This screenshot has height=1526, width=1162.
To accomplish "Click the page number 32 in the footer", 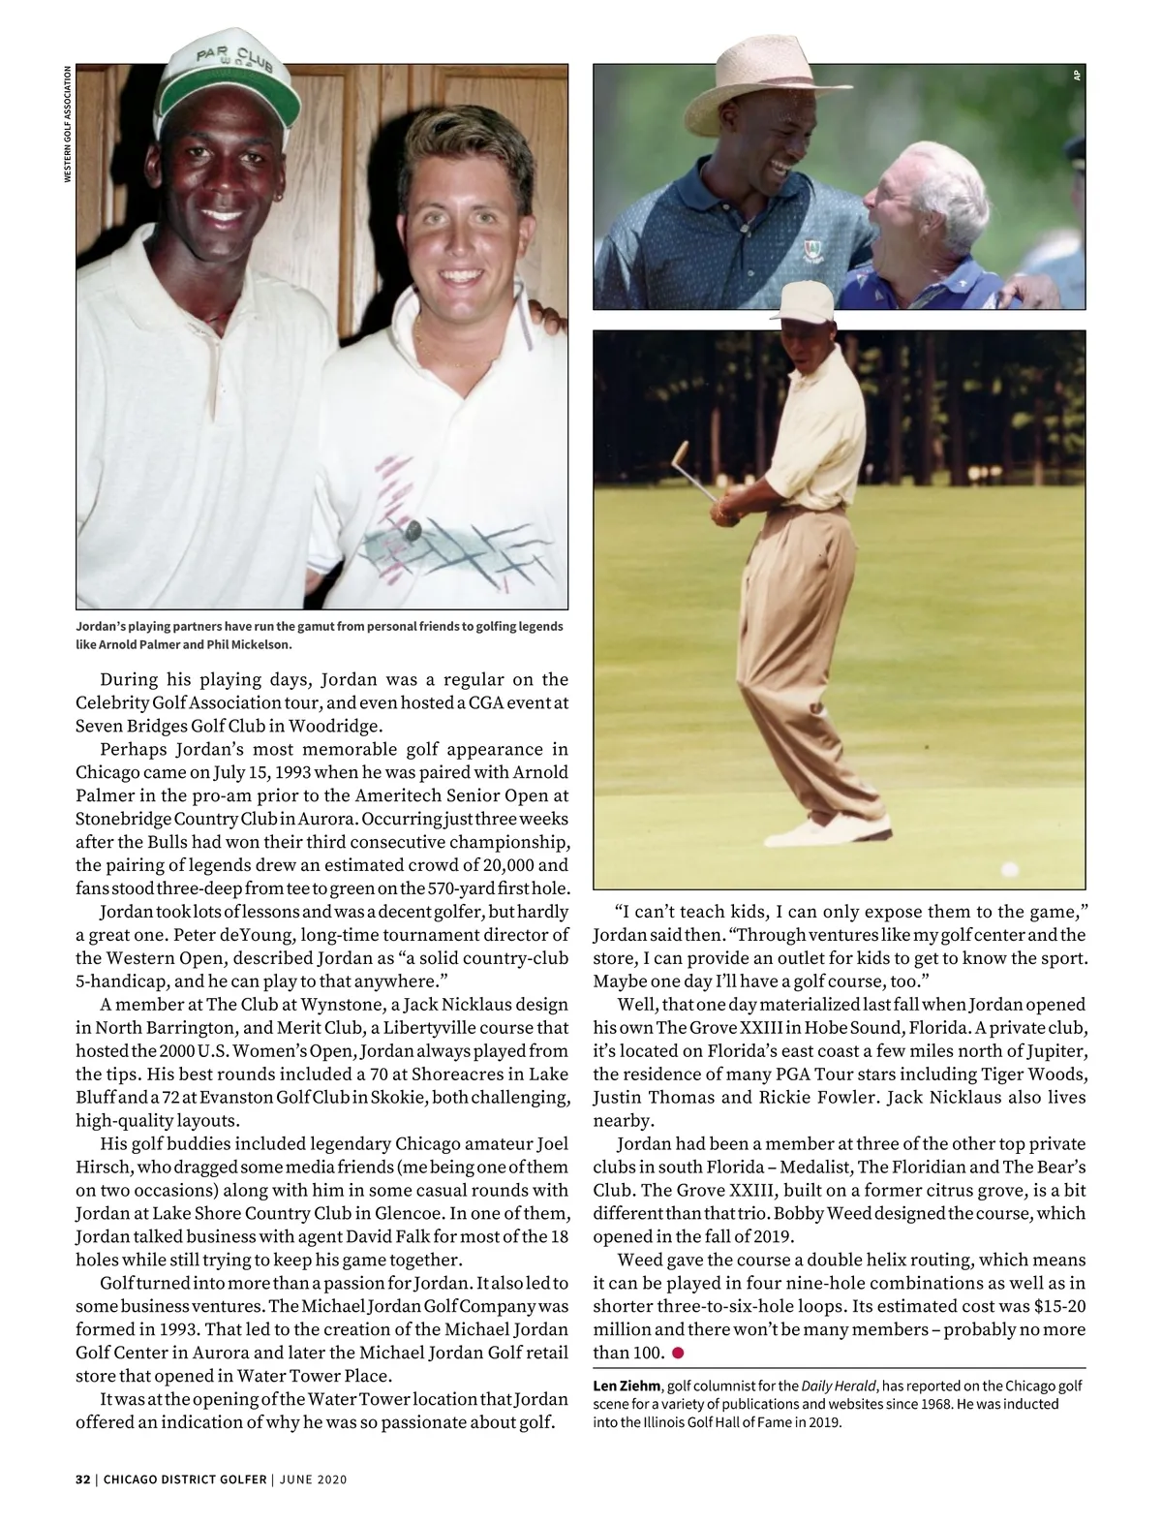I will coord(82,1479).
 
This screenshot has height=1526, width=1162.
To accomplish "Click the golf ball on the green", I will coord(1011,868).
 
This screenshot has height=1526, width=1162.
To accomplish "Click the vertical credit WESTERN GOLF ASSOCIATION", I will coord(67,123).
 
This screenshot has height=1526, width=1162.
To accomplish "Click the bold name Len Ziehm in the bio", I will coord(627,1386).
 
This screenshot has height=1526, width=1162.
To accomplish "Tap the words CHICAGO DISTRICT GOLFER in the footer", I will coord(184,1479).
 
